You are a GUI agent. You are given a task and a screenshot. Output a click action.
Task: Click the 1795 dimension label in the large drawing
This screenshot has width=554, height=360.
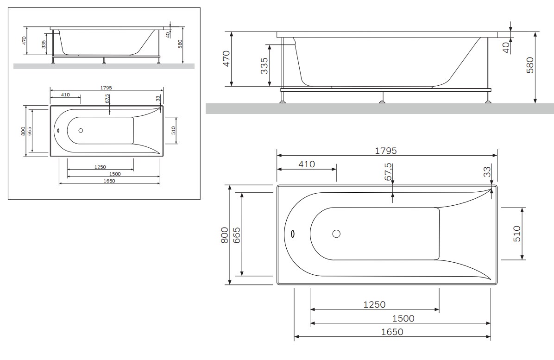(385, 151)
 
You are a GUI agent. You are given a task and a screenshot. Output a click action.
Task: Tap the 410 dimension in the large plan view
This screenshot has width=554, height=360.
(307, 164)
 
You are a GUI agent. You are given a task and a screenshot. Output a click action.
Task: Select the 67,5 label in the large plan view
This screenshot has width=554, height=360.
(388, 172)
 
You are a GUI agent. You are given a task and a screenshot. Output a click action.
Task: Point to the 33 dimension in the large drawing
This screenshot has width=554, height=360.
(487, 172)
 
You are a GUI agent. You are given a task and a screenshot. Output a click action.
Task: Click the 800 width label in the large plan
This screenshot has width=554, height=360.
(224, 234)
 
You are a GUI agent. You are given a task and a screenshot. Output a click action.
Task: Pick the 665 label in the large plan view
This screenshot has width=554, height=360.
(236, 235)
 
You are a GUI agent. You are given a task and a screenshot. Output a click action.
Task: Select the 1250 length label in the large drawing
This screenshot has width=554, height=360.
(375, 304)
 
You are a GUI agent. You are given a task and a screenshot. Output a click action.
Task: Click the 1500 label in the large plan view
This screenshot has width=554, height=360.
(403, 318)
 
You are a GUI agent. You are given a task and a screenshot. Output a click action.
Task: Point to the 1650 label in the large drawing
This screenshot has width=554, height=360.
(392, 332)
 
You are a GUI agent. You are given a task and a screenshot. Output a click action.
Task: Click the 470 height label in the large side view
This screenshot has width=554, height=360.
(226, 59)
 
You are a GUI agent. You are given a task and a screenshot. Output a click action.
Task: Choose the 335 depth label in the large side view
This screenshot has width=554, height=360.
(264, 66)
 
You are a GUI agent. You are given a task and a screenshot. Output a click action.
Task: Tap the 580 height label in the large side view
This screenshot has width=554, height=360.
(529, 65)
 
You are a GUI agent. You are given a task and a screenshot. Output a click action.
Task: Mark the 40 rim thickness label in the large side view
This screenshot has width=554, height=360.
(506, 48)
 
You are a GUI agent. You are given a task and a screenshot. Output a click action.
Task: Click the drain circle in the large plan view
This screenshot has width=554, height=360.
(336, 234)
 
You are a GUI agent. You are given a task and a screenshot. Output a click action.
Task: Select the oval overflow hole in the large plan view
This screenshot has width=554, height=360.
(293, 234)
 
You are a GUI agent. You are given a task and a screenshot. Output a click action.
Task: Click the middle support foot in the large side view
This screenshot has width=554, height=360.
(382, 97)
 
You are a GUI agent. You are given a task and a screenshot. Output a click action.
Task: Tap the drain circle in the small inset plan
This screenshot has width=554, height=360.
(81, 130)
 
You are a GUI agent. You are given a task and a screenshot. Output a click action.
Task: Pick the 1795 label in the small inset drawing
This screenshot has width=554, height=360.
(106, 88)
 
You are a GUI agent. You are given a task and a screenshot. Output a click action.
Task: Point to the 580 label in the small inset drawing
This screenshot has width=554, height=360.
(180, 44)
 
